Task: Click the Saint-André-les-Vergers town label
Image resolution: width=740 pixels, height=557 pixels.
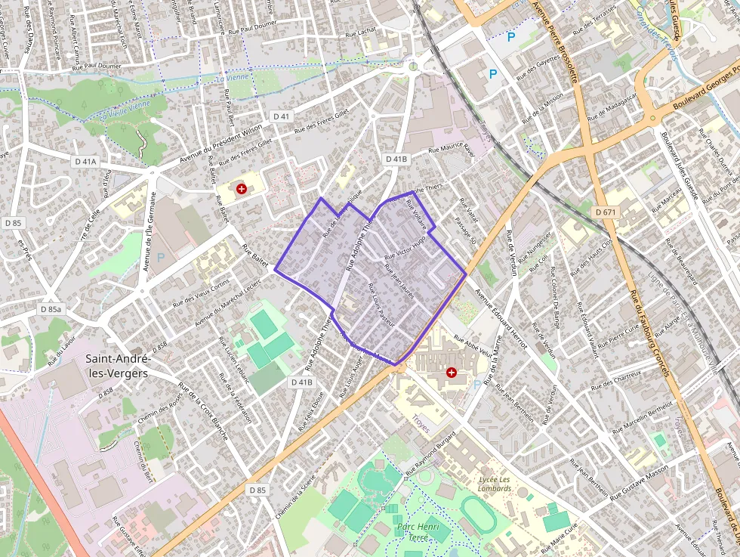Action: tap(119, 365)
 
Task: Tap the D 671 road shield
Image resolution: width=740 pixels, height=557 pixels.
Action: tap(606, 212)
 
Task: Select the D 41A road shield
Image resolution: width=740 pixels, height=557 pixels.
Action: tap(86, 162)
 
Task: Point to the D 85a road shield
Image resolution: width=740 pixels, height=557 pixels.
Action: tap(51, 309)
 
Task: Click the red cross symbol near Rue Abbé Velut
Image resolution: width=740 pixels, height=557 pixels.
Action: tap(452, 372)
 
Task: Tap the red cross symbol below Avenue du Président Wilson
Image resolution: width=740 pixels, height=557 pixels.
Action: tap(242, 188)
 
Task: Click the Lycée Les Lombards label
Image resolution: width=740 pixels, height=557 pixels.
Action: tap(495, 483)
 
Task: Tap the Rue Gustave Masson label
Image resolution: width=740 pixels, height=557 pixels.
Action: tap(639, 484)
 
